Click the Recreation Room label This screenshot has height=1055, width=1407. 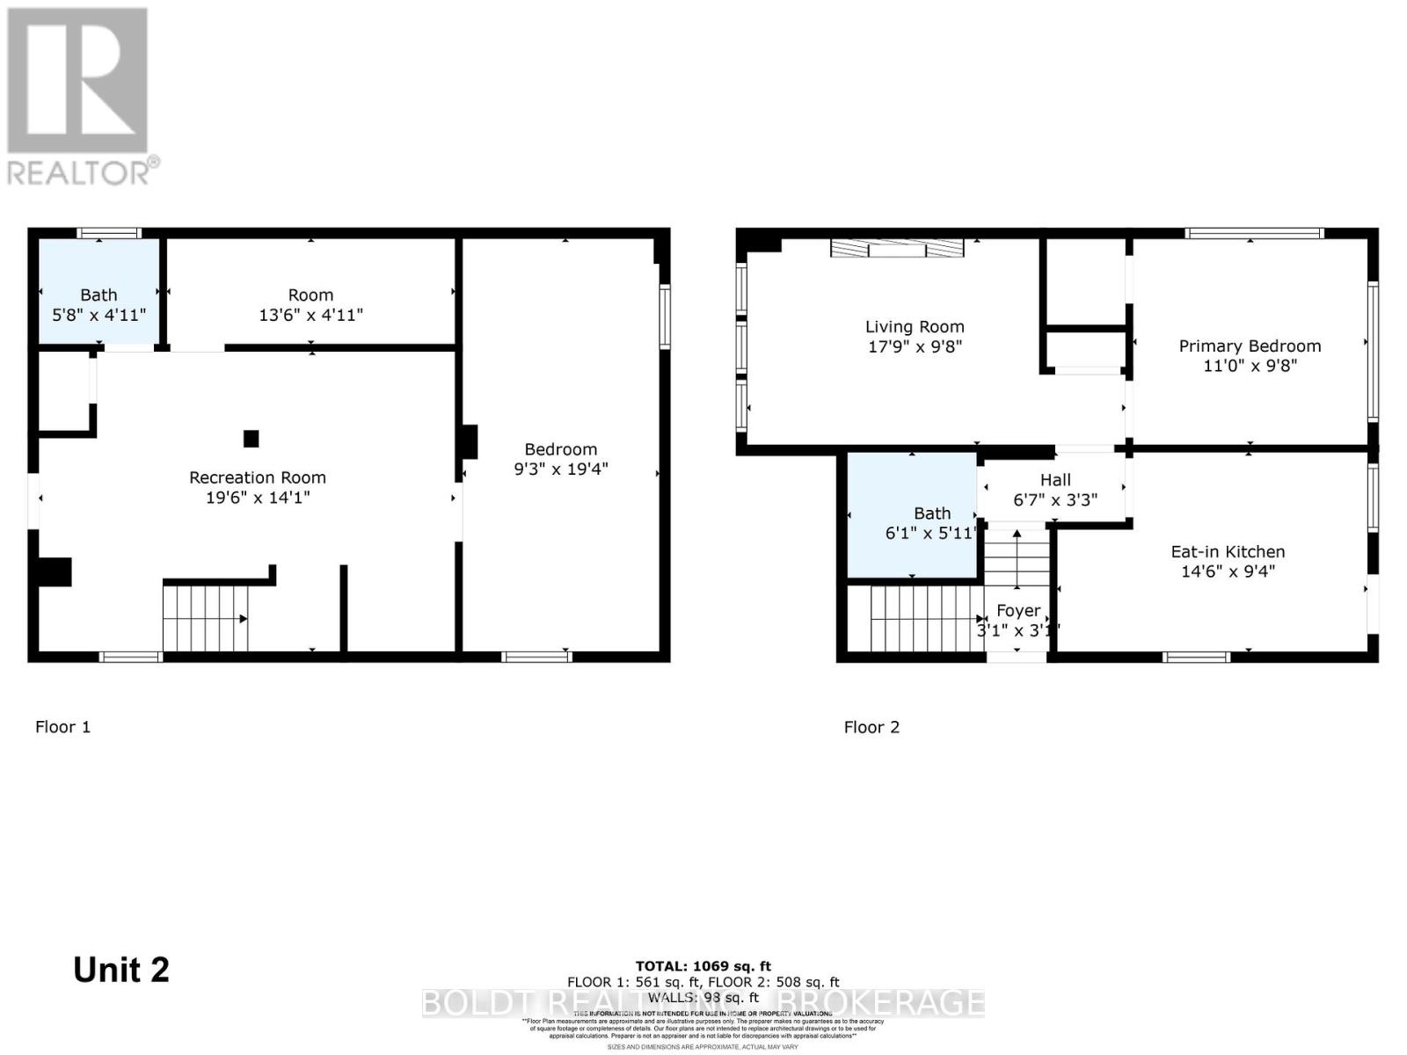point(258,477)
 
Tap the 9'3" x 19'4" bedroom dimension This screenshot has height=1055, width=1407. point(561,469)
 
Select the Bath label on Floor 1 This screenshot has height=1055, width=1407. point(98,295)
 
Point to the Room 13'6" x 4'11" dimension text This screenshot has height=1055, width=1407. point(310,315)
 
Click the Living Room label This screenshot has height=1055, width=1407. point(915,326)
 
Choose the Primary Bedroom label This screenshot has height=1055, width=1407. point(1250,346)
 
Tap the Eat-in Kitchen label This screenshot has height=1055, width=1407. point(1228,551)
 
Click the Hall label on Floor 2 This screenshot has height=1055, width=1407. point(1055,479)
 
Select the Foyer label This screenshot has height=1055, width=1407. point(1018,610)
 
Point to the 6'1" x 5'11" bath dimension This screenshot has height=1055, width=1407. point(932,533)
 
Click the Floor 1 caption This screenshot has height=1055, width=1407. point(62,726)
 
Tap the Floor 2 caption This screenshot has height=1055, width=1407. point(871,726)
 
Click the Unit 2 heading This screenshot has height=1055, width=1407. point(121,970)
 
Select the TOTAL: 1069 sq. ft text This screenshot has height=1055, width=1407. point(703,966)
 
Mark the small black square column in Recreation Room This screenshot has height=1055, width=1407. point(252,438)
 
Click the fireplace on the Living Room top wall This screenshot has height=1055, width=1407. point(897,248)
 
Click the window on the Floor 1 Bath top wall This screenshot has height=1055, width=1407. point(108,233)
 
